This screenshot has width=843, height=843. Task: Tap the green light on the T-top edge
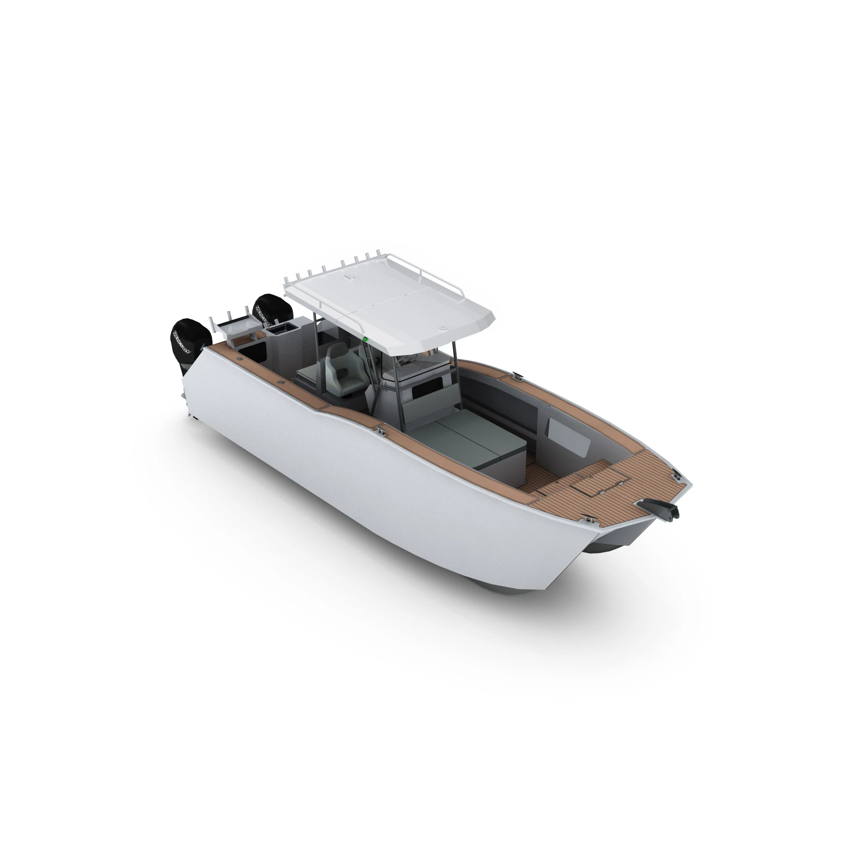coord(364,339)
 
